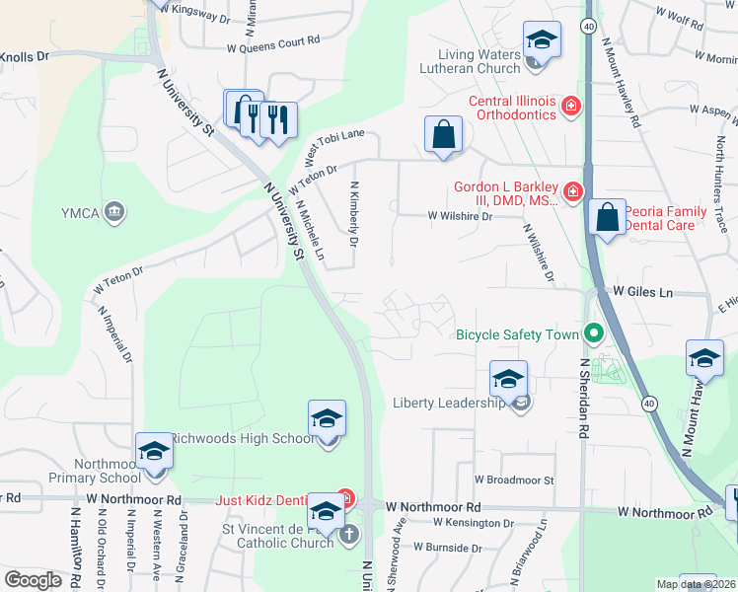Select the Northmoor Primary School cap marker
tap(155, 452)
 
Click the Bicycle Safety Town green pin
tap(593, 334)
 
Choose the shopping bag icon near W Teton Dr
tap(444, 135)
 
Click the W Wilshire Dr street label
tap(459, 216)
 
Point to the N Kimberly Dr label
tap(354, 213)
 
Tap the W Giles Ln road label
tap(642, 292)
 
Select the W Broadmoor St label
tap(514, 480)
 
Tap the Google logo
tap(33, 579)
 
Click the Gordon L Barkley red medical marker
tap(572, 190)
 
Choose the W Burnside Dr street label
tap(447, 547)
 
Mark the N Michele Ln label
tap(310, 231)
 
